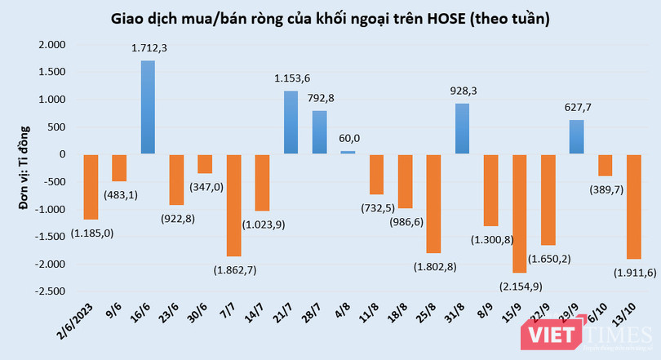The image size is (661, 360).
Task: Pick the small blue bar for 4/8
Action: [x=348, y=152]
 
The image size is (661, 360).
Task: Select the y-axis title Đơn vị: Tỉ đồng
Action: [x=24, y=167]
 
